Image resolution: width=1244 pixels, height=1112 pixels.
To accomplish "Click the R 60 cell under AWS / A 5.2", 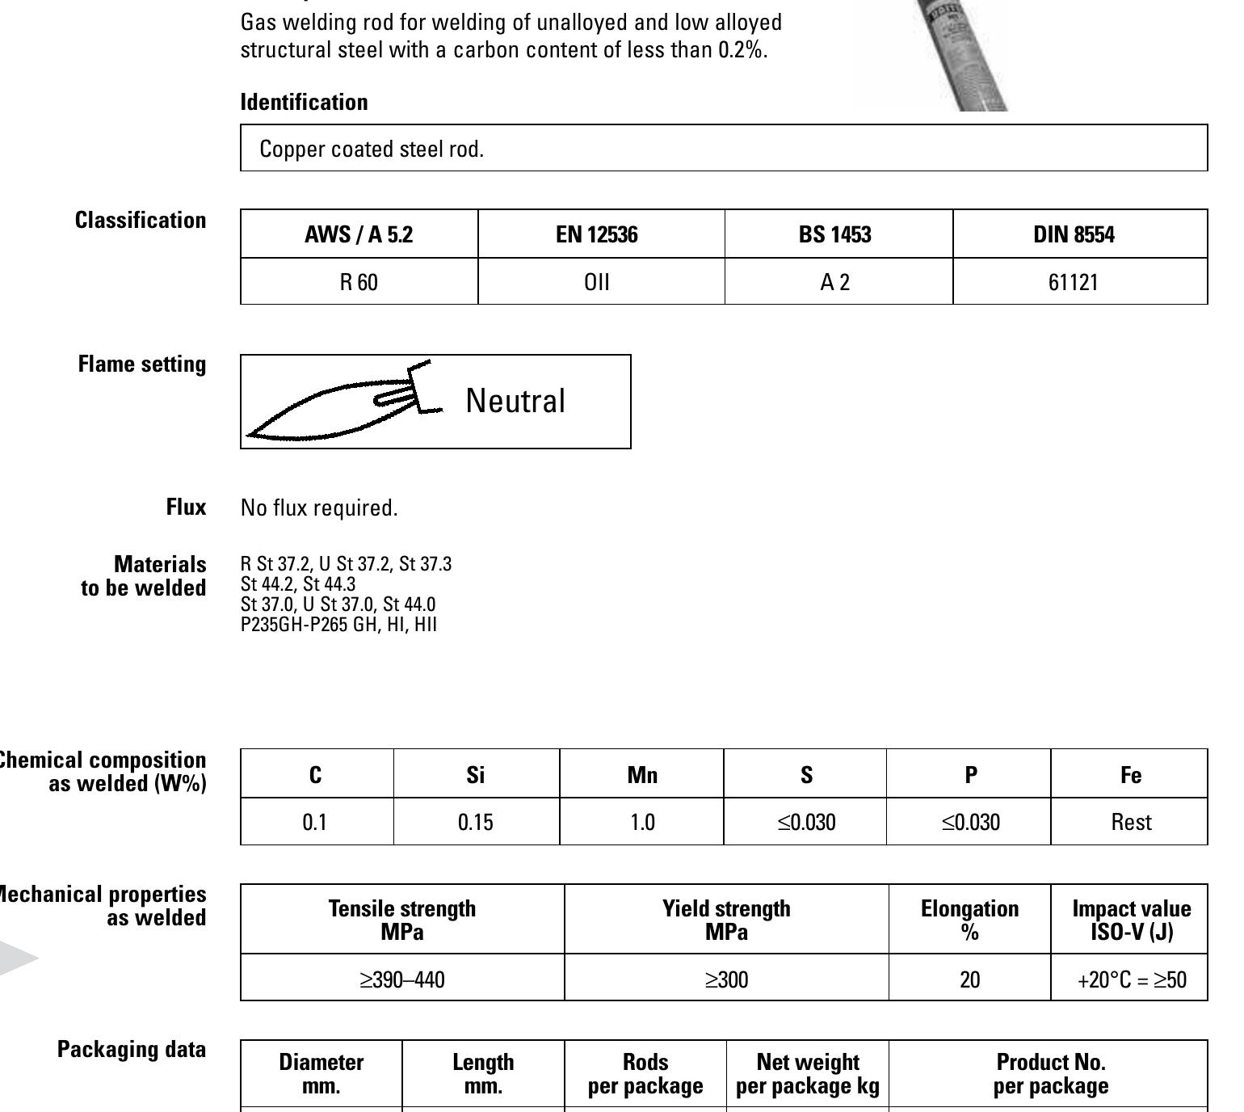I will [359, 282].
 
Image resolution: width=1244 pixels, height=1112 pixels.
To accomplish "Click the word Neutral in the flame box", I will [515, 401].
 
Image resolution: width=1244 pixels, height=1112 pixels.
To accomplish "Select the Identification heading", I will [304, 102].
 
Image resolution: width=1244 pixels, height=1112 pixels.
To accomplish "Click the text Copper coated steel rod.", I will [372, 150].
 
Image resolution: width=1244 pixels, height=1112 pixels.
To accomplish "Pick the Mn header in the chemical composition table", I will [642, 775].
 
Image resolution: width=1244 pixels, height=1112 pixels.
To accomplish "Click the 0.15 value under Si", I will [475, 823].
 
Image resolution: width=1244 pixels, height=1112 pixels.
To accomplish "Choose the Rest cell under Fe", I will [1131, 823].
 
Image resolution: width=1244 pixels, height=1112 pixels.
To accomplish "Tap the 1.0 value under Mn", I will [642, 823].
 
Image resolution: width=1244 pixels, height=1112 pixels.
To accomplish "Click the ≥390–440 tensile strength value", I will [402, 980].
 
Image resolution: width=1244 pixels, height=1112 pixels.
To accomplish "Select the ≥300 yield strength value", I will [726, 980].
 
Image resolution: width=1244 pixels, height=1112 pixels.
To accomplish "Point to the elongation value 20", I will [969, 980].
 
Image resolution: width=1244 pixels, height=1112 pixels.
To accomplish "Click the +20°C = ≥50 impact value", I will [1131, 980].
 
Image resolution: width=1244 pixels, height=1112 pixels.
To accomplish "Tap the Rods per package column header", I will [645, 1073].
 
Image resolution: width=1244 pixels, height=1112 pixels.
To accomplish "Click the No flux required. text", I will [319, 508].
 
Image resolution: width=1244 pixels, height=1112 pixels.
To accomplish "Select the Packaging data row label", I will [132, 1050].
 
